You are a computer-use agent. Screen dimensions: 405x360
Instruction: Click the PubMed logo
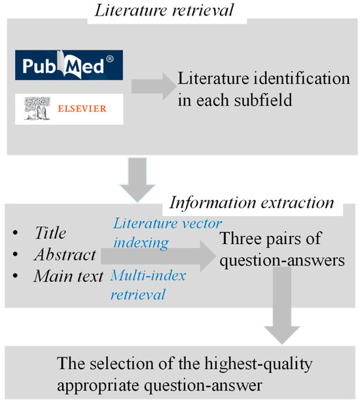pyautogui.click(x=69, y=66)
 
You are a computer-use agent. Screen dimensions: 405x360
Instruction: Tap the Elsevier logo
pyautogui.click(x=69, y=109)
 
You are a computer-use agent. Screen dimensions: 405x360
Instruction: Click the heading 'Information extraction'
pyautogui.click(x=251, y=202)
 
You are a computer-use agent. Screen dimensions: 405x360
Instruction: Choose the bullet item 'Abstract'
pyautogui.click(x=65, y=254)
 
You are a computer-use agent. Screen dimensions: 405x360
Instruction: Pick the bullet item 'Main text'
pyautogui.click(x=69, y=276)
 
